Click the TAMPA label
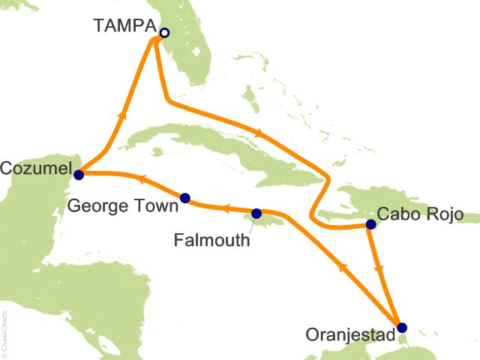point(125,25)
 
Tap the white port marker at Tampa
point(164,32)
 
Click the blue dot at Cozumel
point(79,174)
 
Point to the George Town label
point(118,204)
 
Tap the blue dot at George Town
point(185,198)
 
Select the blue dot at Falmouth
point(256,213)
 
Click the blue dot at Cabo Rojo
point(370,223)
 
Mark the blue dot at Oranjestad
point(402,327)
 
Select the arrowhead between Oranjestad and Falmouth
point(342,266)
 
